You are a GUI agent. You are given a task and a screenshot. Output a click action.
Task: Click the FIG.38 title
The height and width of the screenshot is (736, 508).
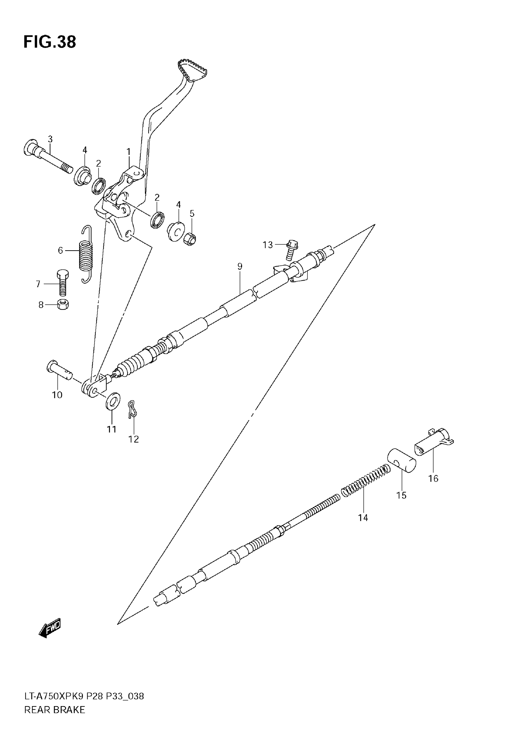(x=50, y=42)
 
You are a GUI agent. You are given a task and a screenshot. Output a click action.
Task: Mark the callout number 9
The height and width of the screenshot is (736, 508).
(x=240, y=266)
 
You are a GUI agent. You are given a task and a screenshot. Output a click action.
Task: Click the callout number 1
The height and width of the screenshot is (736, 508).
(x=128, y=152)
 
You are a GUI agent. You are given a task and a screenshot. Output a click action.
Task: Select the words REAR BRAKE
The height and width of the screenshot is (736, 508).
(x=55, y=710)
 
